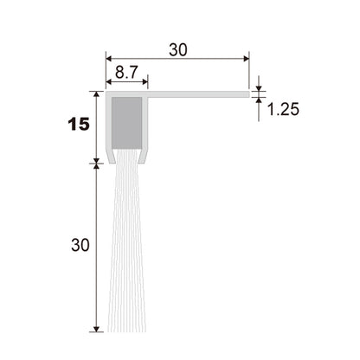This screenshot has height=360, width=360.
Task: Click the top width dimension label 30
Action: pyautogui.click(x=178, y=49)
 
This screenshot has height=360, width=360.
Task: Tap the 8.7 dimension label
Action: pyautogui.click(x=127, y=73)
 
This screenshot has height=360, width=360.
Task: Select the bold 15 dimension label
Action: pyautogui.click(x=79, y=125)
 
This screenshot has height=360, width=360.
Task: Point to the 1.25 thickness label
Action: pyautogui.click(x=283, y=109)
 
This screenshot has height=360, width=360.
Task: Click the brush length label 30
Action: pyautogui.click(x=80, y=246)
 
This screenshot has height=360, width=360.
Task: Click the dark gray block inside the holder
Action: pyautogui.click(x=126, y=123)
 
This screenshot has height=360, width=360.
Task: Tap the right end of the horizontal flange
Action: pyautogui.click(x=248, y=94)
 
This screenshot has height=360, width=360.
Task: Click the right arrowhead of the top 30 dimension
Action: pyautogui.click(x=247, y=59)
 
